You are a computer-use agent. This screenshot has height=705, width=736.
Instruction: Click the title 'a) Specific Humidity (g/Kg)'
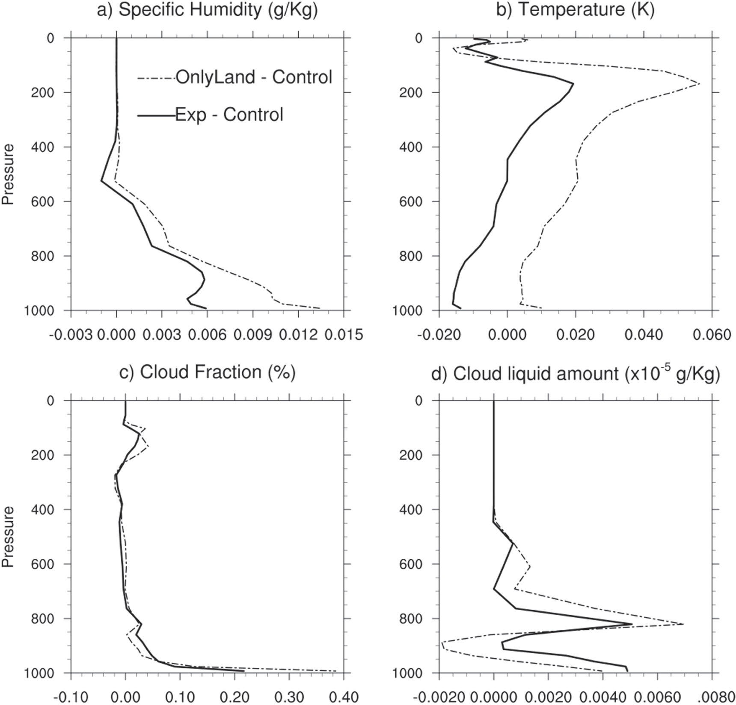click(207, 10)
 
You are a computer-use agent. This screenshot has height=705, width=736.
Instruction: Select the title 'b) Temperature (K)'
click(575, 10)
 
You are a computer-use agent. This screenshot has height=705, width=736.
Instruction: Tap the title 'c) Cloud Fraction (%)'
click(207, 372)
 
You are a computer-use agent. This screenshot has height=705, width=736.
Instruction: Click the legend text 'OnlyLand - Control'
click(254, 77)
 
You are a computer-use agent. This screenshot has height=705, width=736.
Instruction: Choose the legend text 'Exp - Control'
click(229, 115)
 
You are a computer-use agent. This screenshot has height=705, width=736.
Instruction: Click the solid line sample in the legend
click(156, 115)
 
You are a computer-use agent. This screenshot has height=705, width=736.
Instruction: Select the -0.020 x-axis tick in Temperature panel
click(438, 335)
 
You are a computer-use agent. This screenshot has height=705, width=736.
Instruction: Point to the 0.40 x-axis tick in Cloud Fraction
click(343, 697)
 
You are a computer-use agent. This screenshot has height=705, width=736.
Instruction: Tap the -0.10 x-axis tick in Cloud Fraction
click(71, 697)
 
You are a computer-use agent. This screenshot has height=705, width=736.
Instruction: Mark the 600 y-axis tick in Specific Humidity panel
click(43, 202)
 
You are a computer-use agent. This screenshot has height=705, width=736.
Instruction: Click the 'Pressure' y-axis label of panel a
click(8, 174)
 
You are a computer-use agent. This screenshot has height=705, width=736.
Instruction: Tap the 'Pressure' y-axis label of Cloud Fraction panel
click(8, 537)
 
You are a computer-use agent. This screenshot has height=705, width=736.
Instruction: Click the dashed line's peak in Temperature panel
click(700, 83)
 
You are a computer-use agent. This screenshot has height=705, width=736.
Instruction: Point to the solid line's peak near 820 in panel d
click(632, 624)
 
